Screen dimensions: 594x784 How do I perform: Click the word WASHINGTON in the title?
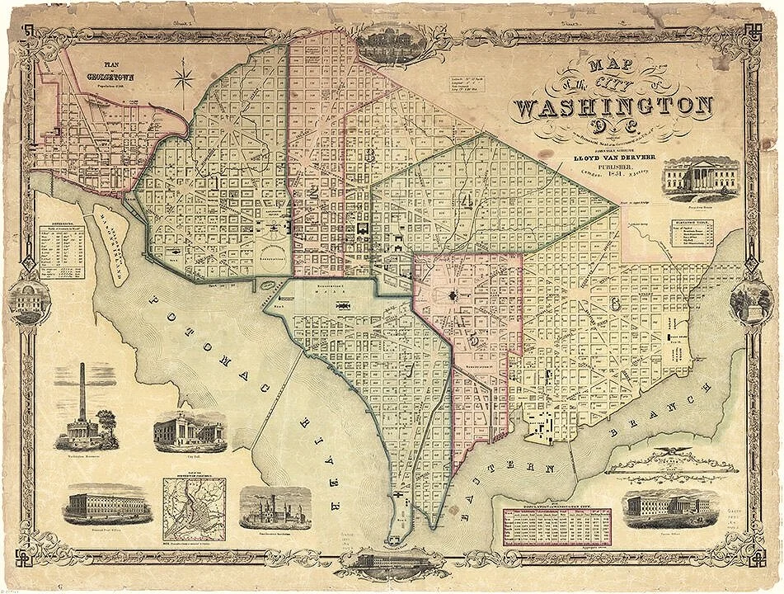tap(614, 107)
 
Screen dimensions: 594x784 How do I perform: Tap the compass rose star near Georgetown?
tap(181, 79)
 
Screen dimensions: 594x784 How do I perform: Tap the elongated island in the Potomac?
tap(114, 244)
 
